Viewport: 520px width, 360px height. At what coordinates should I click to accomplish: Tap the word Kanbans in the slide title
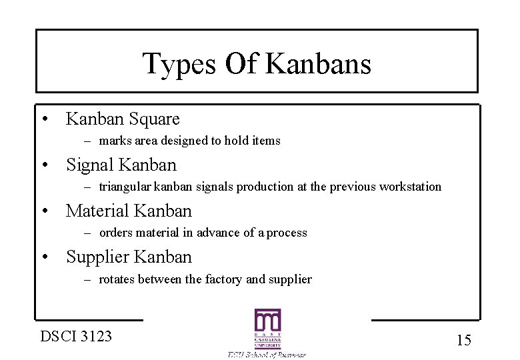[x=319, y=64]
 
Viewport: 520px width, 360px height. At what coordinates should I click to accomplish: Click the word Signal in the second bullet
[x=93, y=165]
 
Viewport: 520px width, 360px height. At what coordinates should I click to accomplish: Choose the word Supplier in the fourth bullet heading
[x=98, y=257]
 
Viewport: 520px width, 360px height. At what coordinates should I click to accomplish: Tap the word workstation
[x=409, y=187]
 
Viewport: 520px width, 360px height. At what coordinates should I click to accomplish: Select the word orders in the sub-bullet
[x=115, y=233]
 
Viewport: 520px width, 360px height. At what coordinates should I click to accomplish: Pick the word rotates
[x=117, y=279]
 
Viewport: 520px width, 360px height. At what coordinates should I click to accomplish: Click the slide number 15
[x=464, y=340]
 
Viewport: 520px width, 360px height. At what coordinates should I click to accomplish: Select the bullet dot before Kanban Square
[x=44, y=120]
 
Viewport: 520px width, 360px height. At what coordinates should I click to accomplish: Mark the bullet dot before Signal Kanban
[x=44, y=165]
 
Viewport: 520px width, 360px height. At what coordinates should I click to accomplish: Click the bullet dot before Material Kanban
[x=44, y=212]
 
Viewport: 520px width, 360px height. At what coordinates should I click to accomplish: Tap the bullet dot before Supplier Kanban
[x=44, y=257]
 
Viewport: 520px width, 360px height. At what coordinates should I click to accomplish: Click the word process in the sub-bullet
[x=287, y=233]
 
